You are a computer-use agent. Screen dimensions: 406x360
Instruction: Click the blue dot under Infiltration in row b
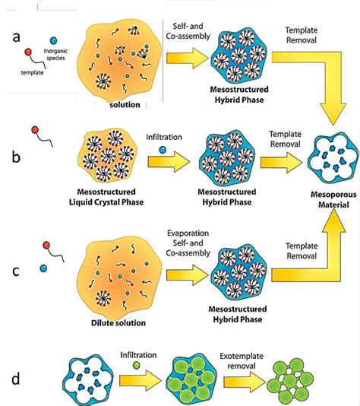pyautogui.click(x=162, y=151)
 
